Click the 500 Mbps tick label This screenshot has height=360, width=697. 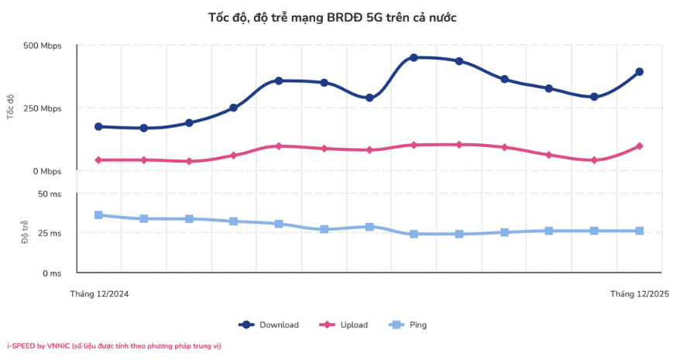[43, 46]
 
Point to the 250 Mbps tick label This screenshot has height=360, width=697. [43, 108]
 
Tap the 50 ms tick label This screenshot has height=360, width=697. [49, 194]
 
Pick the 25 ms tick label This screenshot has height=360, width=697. [49, 233]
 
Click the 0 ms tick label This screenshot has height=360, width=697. [51, 273]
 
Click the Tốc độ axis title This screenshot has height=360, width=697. [10, 107]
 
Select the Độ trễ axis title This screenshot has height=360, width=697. [25, 233]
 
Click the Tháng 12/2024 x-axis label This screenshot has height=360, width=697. [99, 294]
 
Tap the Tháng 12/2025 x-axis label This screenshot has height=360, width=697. [639, 294]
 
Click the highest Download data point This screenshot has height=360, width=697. [414, 57]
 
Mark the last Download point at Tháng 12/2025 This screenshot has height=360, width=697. [640, 72]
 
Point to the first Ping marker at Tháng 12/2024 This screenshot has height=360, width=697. [99, 214]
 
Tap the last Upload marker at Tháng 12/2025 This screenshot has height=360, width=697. [640, 146]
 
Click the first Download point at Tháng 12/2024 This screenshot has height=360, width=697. [99, 126]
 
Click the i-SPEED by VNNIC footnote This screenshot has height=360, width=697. [114, 346]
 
